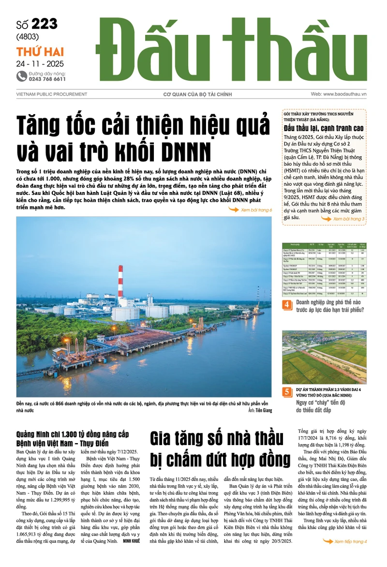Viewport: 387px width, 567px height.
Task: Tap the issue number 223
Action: tap(45, 24)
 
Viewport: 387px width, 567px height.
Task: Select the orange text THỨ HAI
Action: tap(40, 52)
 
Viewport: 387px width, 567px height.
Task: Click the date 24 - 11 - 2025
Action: tap(40, 63)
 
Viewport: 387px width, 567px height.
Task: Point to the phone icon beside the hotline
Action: tap(21, 76)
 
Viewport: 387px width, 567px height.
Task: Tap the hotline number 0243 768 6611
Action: tap(47, 79)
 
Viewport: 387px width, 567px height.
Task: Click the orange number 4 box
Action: tap(287, 305)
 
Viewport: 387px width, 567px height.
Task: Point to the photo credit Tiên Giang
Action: tap(260, 410)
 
